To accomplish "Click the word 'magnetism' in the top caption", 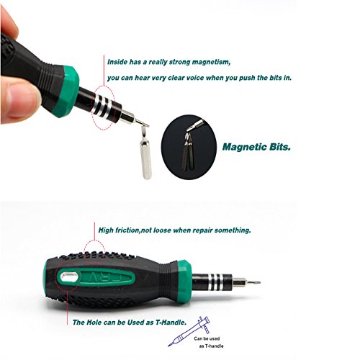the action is click(211, 63).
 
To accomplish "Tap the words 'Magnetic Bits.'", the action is click(256, 147).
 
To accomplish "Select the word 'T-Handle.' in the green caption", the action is click(171, 323).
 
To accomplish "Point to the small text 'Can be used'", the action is click(207, 338).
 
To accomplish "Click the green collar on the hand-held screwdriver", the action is click(66, 91).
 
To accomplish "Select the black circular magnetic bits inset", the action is click(189, 147).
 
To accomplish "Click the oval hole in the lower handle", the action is click(69, 277).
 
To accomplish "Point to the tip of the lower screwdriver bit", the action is click(260, 282).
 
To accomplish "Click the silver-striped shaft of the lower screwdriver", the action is click(212, 282).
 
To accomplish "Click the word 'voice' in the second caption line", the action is click(192, 78).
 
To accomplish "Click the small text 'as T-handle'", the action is click(211, 346).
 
